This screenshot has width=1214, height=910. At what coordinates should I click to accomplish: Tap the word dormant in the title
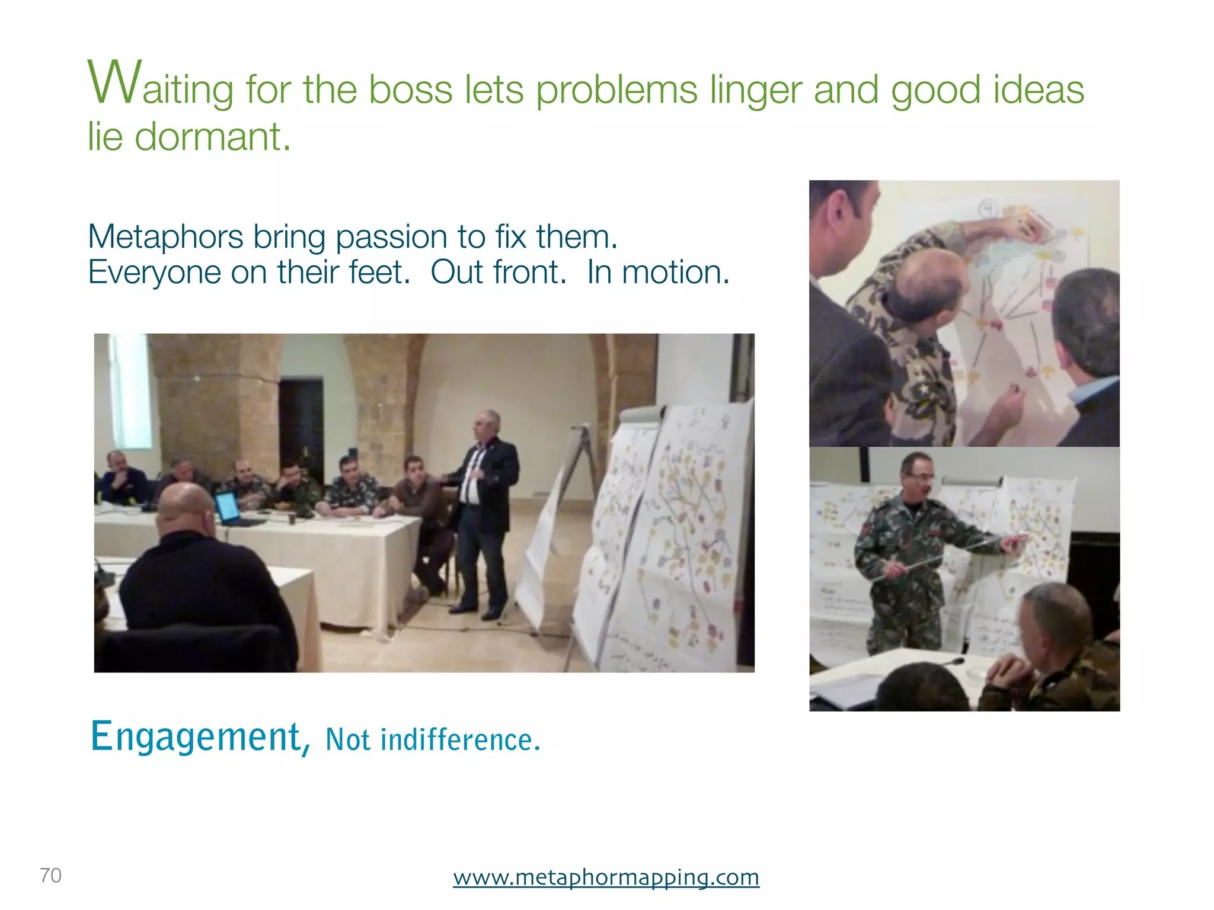[x=212, y=136]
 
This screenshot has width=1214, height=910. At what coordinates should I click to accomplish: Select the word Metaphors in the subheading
[x=165, y=236]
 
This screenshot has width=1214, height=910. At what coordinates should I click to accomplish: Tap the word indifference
[x=460, y=740]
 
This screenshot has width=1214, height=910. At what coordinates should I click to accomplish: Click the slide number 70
[x=50, y=875]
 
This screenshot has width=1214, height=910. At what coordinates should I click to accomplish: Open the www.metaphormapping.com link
[x=606, y=877]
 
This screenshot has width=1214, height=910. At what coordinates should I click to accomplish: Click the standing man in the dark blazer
[x=483, y=510]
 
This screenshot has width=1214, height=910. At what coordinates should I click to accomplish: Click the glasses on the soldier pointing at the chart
[x=919, y=476]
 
